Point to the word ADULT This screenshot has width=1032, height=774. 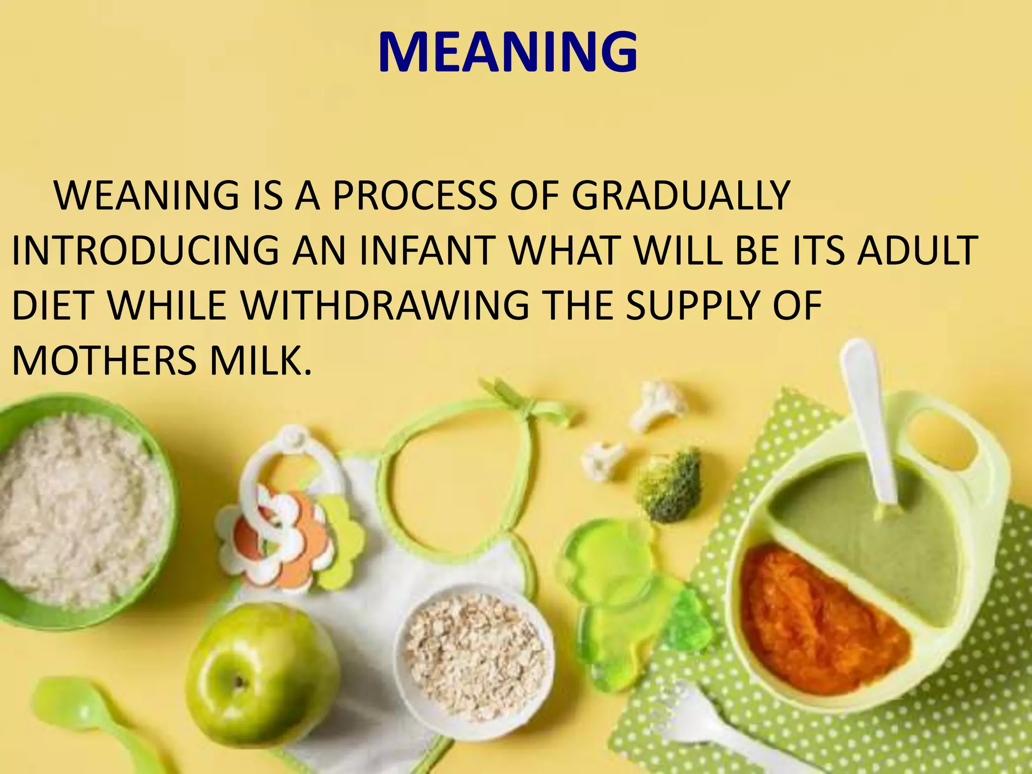tap(917, 250)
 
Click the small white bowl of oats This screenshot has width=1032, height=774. tap(474, 655)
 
